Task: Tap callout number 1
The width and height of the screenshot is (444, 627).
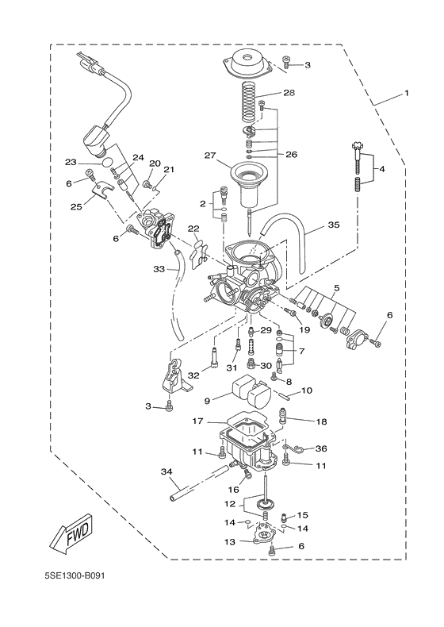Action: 406,94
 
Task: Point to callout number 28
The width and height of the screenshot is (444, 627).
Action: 289,93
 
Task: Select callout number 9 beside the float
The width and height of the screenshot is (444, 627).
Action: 207,401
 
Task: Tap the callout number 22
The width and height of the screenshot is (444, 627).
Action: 193,229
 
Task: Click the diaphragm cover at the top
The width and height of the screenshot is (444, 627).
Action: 250,63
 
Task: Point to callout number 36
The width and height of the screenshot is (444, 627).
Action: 320,448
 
